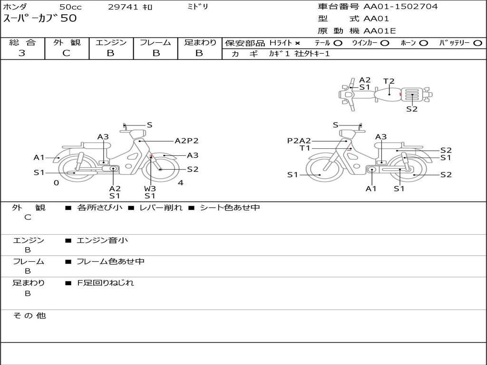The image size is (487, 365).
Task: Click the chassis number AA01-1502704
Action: [x=400, y=7]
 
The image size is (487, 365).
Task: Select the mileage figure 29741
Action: [x=123, y=7]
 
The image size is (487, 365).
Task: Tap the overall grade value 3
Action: [x=22, y=53]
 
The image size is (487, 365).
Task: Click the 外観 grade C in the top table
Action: [x=67, y=53]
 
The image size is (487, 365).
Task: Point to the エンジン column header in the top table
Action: [x=111, y=42]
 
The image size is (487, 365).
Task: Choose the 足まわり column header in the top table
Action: [x=200, y=42]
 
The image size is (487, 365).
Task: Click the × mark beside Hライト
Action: [x=298, y=43]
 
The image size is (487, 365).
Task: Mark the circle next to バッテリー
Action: [x=477, y=43]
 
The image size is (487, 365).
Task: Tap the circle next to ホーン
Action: [x=424, y=43]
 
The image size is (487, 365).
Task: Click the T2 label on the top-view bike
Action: [x=389, y=81]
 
